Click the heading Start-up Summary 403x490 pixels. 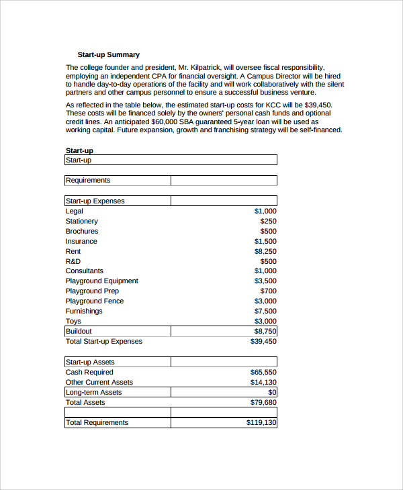[x=108, y=54]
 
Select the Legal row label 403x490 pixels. [x=74, y=211]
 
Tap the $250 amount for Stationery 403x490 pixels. [x=268, y=221]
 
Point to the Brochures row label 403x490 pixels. [x=81, y=231]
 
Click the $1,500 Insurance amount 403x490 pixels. [x=265, y=241]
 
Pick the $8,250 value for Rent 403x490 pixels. [x=265, y=251]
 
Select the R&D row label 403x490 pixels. [x=73, y=261]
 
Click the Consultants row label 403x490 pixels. [x=84, y=271]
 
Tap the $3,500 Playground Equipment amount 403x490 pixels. [x=265, y=281]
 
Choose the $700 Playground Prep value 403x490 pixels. [x=268, y=291]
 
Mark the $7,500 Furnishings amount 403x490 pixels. [x=265, y=311]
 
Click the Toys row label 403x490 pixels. [x=73, y=321]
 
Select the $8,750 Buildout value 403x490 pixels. [x=265, y=331]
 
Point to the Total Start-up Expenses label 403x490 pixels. [x=103, y=341]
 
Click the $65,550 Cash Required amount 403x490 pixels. [x=263, y=372]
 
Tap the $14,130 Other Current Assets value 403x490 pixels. [x=263, y=382]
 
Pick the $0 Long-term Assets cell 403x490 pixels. [x=272, y=392]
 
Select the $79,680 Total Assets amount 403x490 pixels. [x=263, y=402]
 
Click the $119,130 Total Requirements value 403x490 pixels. [x=261, y=422]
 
